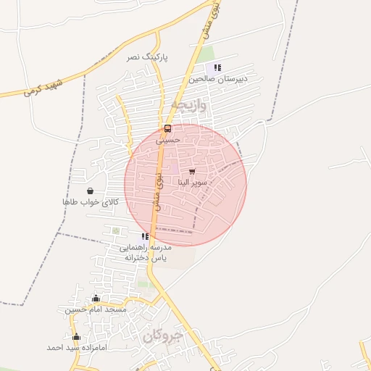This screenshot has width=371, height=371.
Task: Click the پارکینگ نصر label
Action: (x=147, y=57)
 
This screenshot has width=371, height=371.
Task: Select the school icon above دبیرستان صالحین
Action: (x=217, y=67)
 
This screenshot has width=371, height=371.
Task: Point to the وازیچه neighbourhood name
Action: (x=189, y=105)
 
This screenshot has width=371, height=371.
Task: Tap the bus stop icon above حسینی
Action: (x=168, y=129)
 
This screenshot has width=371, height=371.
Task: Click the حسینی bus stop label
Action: (x=167, y=140)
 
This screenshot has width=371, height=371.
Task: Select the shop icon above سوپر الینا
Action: (x=192, y=172)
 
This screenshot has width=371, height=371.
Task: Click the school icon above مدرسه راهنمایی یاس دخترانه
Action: (x=145, y=236)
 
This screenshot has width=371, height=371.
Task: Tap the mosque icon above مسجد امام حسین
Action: (x=96, y=299)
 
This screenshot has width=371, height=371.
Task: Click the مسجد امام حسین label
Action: (x=96, y=309)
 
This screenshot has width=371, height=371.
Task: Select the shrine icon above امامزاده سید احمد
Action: (x=76, y=337)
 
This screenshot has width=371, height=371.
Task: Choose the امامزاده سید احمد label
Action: (x=76, y=348)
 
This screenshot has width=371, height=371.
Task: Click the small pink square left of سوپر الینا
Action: (x=175, y=170)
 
